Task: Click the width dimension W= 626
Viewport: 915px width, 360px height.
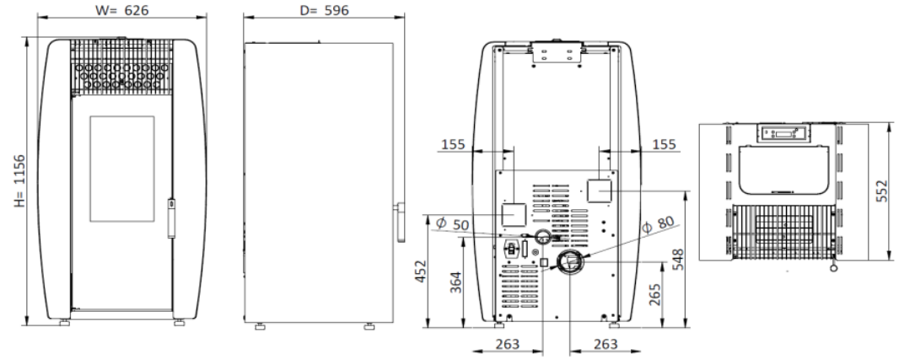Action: [121, 10]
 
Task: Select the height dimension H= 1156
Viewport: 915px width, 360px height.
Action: [20, 180]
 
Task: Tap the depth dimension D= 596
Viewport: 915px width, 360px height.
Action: [325, 10]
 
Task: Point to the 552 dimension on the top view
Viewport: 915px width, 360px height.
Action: [881, 191]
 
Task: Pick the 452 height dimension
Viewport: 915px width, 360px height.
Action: [421, 271]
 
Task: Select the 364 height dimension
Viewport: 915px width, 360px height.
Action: [455, 282]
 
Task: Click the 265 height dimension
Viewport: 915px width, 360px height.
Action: [654, 294]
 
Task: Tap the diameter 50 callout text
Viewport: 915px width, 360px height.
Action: [452, 224]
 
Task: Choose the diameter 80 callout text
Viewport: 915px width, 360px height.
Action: [658, 224]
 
